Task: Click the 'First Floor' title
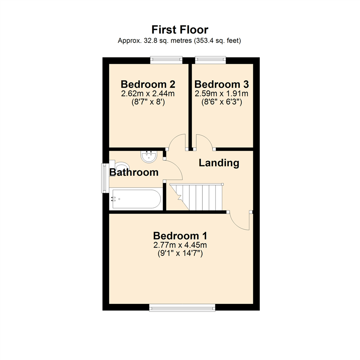[x=180, y=30]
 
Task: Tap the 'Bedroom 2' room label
[x=148, y=83]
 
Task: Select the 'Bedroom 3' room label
[x=222, y=83]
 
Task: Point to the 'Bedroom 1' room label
[x=180, y=236]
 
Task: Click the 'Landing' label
[x=219, y=163]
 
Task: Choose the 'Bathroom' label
[x=134, y=172]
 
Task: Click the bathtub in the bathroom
[x=136, y=199]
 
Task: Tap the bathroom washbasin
[x=149, y=157]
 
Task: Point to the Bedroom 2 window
[x=166, y=60]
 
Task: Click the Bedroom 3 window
[x=210, y=60]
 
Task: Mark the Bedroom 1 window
[x=182, y=308]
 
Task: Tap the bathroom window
[x=105, y=178]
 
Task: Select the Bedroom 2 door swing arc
[x=177, y=141]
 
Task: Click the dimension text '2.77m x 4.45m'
[x=180, y=246]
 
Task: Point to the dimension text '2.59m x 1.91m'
[x=222, y=93]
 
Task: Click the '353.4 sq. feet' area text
[x=217, y=41]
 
